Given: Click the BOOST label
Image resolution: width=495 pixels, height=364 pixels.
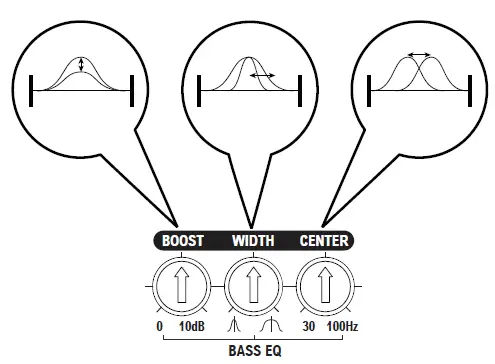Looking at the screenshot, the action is click(183, 240).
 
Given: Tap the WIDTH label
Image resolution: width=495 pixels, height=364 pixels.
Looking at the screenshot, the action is click(253, 240).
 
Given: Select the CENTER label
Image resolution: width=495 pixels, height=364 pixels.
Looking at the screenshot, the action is click(324, 240).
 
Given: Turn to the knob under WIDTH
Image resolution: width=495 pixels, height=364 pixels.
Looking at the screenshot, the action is click(253, 285).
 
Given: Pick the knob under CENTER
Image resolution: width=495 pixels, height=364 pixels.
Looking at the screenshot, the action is click(324, 285).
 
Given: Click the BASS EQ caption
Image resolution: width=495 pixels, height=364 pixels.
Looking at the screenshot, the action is click(253, 351).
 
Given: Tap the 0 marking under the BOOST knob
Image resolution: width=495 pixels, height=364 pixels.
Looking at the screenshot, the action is click(160, 327).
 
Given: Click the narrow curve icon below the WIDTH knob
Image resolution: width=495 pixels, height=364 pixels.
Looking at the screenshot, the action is click(234, 327).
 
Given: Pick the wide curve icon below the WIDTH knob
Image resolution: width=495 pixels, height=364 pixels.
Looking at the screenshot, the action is click(270, 327).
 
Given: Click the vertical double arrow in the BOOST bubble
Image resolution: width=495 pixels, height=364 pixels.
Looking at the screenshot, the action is click(82, 66).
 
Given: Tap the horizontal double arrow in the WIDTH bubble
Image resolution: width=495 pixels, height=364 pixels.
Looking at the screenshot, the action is click(263, 75).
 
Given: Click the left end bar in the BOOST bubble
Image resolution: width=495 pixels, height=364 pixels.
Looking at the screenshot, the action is click(32, 88).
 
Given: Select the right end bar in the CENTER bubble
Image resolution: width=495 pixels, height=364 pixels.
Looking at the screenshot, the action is click(468, 88).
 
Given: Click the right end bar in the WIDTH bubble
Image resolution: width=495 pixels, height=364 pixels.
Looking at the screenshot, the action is click(299, 88).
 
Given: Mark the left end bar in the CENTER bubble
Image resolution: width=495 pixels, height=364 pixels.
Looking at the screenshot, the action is click(371, 88).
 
